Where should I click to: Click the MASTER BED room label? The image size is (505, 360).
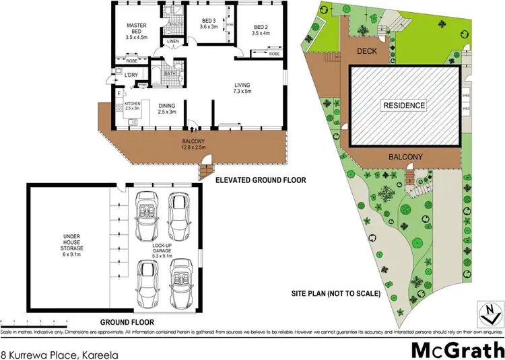[x=137, y=31]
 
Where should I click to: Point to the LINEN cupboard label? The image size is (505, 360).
[x=172, y=42]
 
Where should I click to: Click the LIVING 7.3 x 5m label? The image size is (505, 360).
[x=242, y=88]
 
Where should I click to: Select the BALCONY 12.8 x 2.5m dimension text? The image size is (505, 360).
[x=193, y=143]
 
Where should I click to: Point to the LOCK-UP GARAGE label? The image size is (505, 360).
[x=164, y=251]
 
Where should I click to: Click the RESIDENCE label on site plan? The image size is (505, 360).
[x=404, y=105]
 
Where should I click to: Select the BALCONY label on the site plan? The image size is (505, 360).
[x=404, y=156]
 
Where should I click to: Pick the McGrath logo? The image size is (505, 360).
[x=457, y=350]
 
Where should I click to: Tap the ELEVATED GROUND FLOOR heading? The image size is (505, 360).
[x=261, y=180]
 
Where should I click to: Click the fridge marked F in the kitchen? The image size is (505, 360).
[x=119, y=94]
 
